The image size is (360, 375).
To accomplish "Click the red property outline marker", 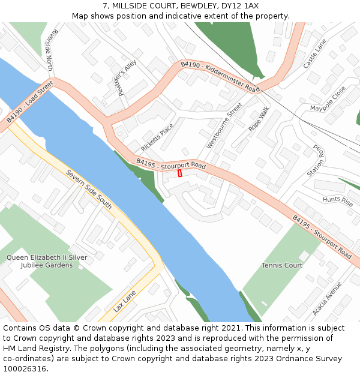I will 179,173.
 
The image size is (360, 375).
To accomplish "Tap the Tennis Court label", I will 282,265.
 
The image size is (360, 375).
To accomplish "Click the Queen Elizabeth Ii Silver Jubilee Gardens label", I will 47,261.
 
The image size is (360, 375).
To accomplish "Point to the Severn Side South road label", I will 89,189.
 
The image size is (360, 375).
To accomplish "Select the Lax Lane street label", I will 125,301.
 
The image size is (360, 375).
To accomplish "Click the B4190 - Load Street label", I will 30,102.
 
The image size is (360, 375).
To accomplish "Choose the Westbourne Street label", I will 224,125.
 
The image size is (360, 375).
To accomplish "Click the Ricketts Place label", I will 157,137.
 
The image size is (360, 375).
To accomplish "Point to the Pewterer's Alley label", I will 127,78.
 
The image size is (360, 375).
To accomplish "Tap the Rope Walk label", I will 259,119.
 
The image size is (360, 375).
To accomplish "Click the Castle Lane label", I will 315,53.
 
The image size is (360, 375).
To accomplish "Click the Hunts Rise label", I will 338,201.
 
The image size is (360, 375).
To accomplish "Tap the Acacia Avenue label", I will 327,298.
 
